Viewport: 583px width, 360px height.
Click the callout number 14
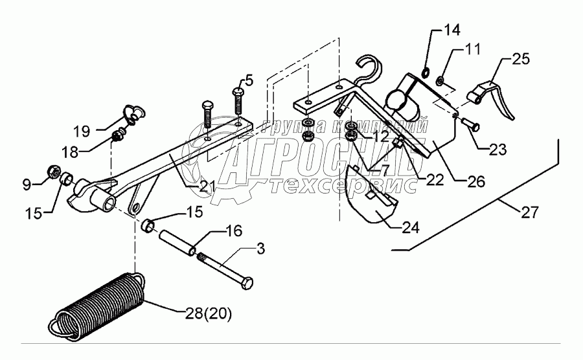[x=451, y=30]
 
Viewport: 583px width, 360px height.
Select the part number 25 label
[x=520, y=58]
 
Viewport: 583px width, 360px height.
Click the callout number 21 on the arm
[x=207, y=187]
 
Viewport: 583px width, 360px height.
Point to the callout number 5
[x=249, y=82]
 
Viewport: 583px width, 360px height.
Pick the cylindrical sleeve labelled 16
[x=174, y=236]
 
